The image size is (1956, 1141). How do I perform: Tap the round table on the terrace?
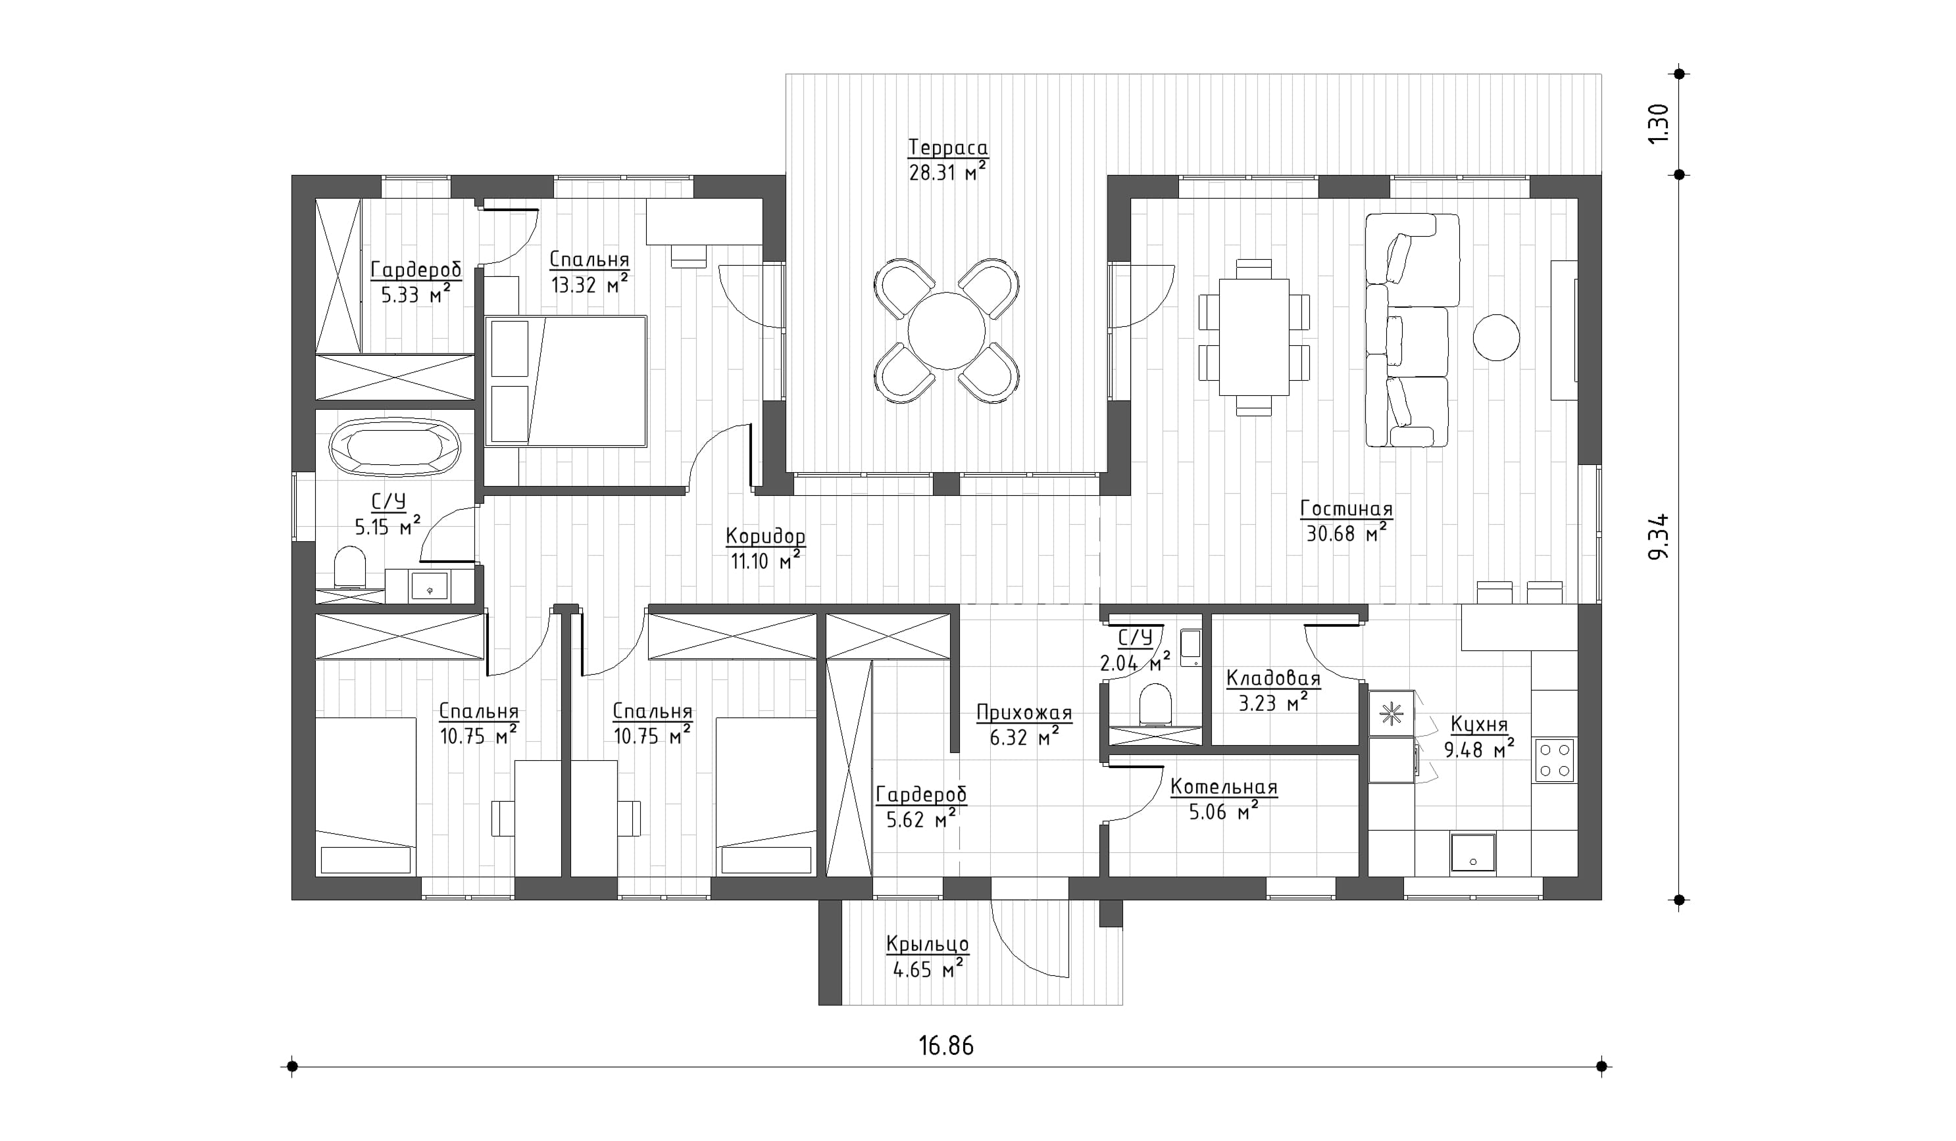tap(946, 330)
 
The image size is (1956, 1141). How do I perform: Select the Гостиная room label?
tap(1347, 509)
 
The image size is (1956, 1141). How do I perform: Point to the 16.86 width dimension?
tap(946, 1046)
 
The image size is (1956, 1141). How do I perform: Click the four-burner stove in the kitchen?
tap(1555, 760)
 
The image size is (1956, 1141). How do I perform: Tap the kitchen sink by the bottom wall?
tap(1472, 852)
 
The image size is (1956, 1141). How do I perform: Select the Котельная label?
tap(1224, 787)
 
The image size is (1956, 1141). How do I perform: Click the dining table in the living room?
tap(1253, 337)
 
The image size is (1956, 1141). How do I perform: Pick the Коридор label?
tap(765, 536)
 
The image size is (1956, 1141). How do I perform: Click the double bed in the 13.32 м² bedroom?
tap(566, 381)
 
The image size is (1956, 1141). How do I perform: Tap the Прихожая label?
tap(1024, 712)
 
